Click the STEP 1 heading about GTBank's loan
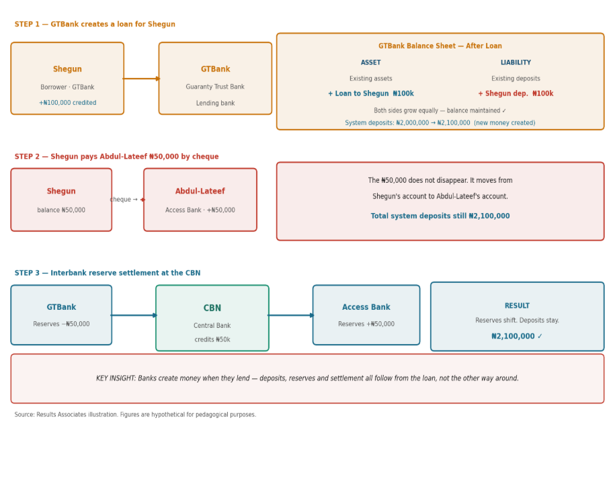(x=95, y=24)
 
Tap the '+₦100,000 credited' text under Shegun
(x=67, y=103)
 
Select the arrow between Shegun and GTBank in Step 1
(x=142, y=79)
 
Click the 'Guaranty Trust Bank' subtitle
(x=215, y=87)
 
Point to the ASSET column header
(x=370, y=62)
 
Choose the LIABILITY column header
(x=516, y=62)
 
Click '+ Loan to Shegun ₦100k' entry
(x=370, y=93)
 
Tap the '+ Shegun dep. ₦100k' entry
(x=516, y=93)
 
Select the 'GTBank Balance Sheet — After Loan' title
(x=440, y=46)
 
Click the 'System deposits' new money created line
(x=440, y=123)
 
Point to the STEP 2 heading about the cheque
(x=116, y=157)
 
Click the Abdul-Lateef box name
(x=200, y=191)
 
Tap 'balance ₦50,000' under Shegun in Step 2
(x=61, y=210)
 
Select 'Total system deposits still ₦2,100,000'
(x=440, y=216)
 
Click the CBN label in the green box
(x=212, y=308)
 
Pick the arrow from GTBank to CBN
(x=134, y=315)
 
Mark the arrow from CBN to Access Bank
(x=291, y=315)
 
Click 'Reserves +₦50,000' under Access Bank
(x=366, y=324)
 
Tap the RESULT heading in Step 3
(x=517, y=306)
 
